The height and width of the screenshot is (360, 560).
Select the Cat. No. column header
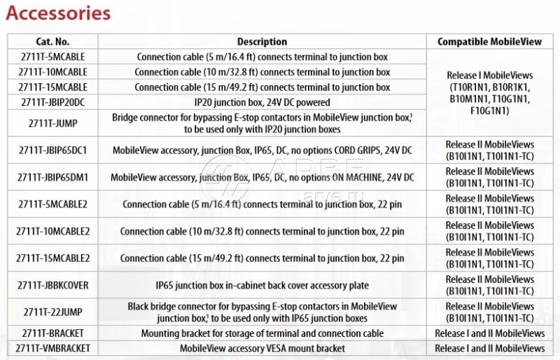53,42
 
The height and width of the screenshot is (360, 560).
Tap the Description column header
262,42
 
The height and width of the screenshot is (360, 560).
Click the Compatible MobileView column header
489,42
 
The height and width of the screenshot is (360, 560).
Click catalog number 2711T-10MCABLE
54,72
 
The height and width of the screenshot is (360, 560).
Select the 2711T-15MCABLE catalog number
54,88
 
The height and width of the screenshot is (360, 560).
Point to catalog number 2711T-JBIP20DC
54,102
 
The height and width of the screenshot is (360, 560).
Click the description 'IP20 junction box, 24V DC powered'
262,102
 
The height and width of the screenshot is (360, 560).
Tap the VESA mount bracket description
262,348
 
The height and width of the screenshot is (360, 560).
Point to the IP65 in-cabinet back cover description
262,285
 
